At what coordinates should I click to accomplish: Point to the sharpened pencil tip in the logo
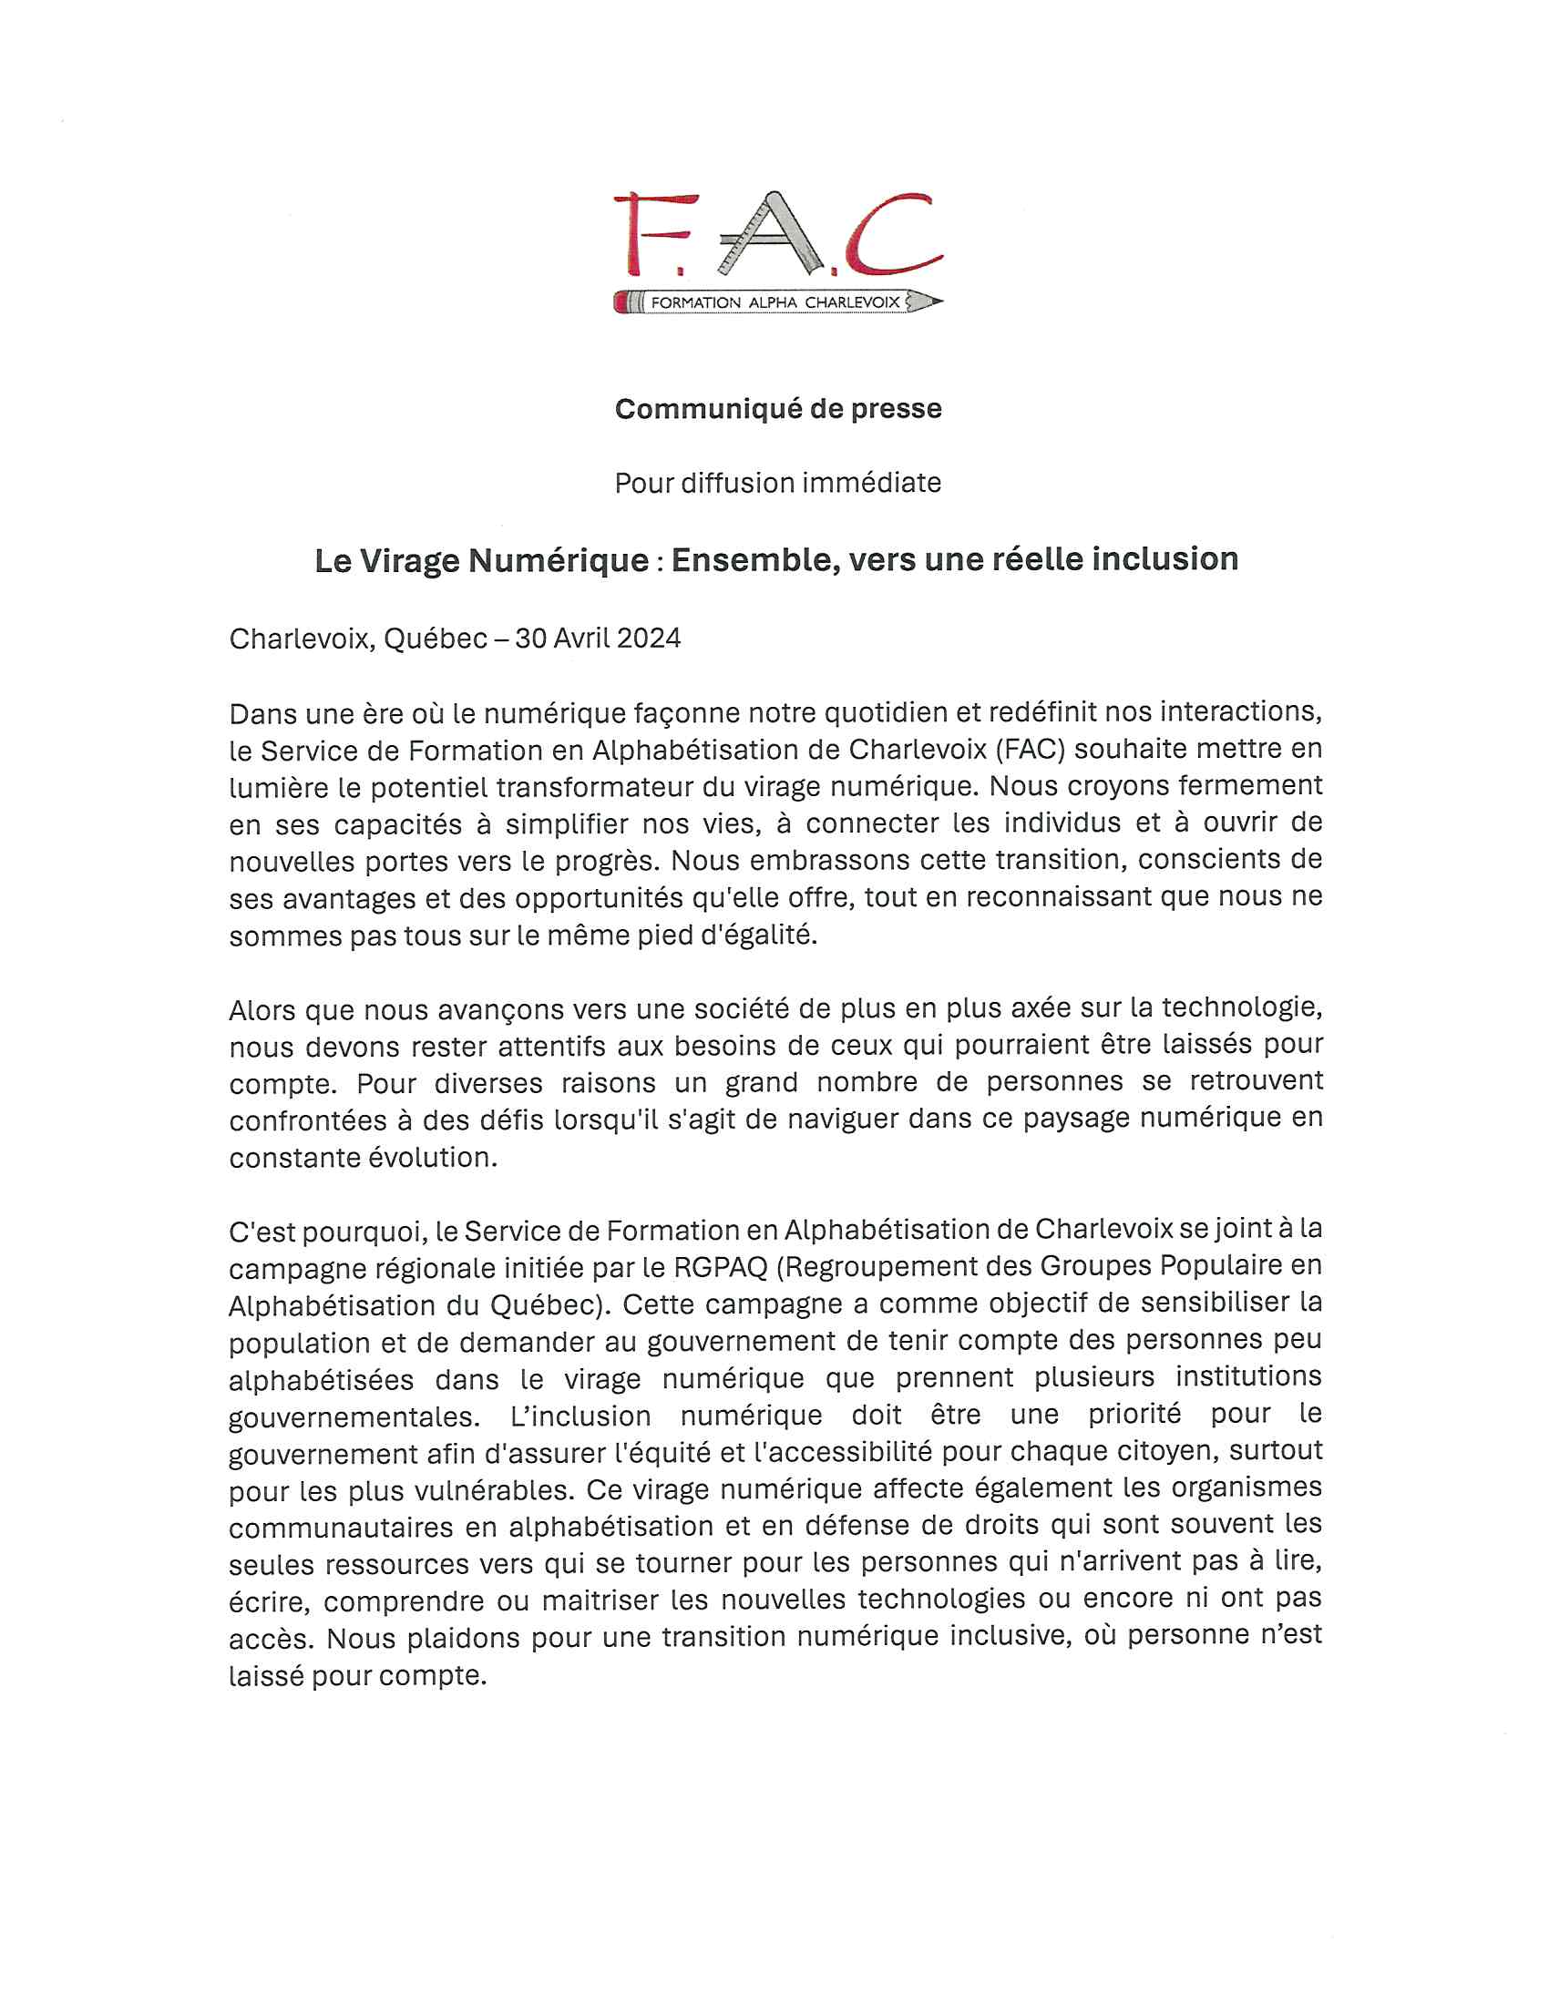pos(930,301)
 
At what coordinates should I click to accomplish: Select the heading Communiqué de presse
pos(778,409)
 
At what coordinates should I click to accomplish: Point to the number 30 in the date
pos(530,639)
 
